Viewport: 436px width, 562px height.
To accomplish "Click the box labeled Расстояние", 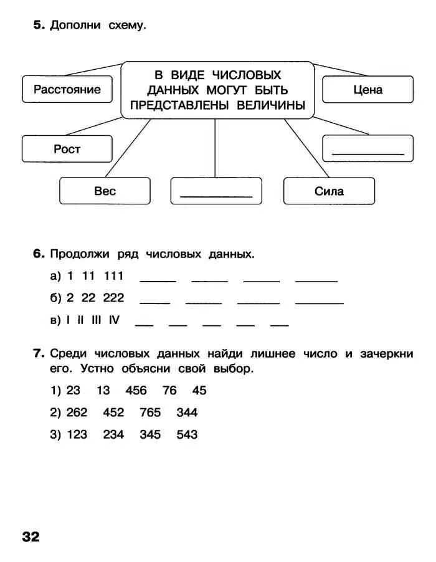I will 67,89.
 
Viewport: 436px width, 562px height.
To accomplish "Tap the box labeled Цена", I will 367,89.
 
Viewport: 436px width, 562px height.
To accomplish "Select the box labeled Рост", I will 67,149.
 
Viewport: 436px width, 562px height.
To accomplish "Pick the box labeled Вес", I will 105,191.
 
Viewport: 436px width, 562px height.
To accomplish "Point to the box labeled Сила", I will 329,191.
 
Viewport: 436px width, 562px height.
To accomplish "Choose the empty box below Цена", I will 367,148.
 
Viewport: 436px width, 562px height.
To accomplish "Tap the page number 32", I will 31,536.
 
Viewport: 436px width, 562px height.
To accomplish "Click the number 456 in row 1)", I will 136,391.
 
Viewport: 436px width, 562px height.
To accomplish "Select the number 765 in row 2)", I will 150,412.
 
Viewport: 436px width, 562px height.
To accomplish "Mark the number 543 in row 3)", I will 187,434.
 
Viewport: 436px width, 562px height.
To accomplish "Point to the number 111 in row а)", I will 113,276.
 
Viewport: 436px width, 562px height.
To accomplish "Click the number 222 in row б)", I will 113,298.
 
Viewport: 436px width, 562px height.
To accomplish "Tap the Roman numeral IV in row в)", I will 113,320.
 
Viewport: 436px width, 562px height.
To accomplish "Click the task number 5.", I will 39,26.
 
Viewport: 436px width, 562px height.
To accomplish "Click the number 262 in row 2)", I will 77,412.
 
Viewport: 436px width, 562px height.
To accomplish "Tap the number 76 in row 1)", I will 169,391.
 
